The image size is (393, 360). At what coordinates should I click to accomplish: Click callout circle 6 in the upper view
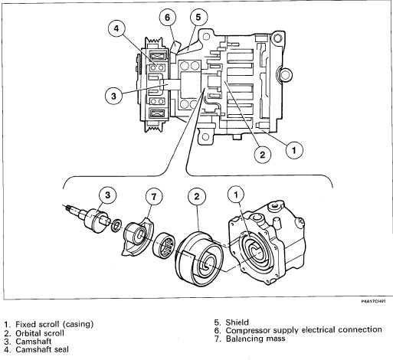tap(168, 18)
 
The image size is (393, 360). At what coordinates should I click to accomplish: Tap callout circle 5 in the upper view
tap(198, 17)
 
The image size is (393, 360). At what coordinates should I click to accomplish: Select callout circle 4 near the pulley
tap(116, 28)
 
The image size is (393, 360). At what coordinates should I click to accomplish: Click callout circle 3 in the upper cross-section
tap(113, 96)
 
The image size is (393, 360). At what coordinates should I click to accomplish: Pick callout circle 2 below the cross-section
tap(263, 155)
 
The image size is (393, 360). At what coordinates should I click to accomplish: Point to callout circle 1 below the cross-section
tap(294, 150)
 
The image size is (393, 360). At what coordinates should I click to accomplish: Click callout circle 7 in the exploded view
tap(154, 196)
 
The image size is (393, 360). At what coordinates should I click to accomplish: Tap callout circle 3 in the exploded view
tap(107, 195)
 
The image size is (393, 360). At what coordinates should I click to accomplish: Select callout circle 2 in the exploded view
tap(197, 196)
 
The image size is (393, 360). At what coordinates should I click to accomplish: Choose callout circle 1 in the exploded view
tap(236, 195)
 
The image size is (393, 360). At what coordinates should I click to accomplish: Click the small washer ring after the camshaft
tap(116, 225)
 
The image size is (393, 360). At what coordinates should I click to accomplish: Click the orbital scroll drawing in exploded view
tap(199, 259)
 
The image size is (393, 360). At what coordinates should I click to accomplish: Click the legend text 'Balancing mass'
tap(255, 339)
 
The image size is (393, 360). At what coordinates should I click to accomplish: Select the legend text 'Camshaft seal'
tap(42, 349)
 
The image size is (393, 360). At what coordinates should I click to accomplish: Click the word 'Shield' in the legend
tap(237, 322)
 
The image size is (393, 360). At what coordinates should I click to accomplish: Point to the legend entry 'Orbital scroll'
tap(40, 333)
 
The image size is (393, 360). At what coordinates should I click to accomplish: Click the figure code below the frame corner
tap(373, 301)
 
